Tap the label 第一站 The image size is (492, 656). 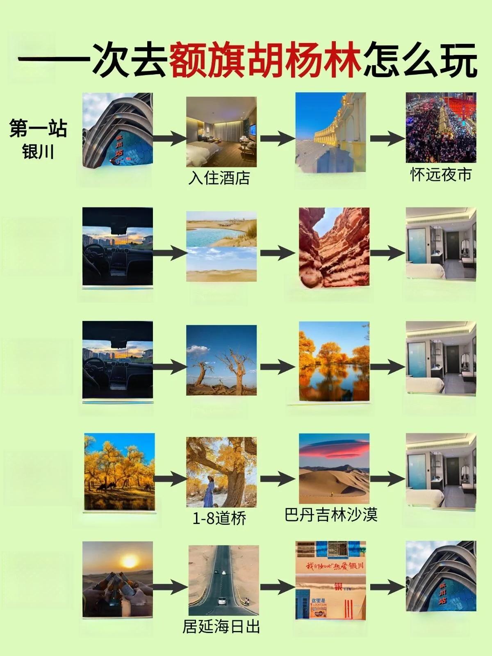tap(38, 128)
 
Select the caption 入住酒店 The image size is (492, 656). tap(219, 178)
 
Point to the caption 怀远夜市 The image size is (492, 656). tap(441, 174)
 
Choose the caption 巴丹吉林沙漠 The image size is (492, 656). tap(331, 515)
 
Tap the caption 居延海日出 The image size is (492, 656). tap(221, 626)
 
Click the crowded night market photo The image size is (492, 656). tap(441, 127)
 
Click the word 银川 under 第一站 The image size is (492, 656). tap(38, 152)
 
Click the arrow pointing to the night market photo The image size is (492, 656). tap(387, 138)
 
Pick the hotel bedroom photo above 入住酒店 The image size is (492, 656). tap(221, 132)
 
